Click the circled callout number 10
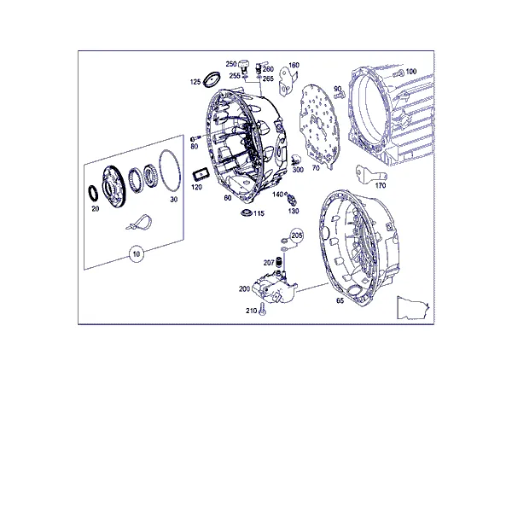[x=137, y=253]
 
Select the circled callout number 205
[x=297, y=236]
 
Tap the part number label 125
[x=195, y=82]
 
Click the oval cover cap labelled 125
[x=212, y=79]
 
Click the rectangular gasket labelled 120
[x=201, y=174]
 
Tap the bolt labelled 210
[x=262, y=309]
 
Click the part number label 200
[x=244, y=288]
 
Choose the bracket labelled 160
[x=288, y=82]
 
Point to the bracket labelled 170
[x=370, y=174]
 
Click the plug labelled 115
[x=247, y=212]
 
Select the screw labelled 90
[x=340, y=95]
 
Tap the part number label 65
[x=340, y=300]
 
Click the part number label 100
[x=411, y=71]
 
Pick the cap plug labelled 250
[x=243, y=64]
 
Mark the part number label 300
[x=298, y=170]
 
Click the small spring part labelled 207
[x=279, y=262]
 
